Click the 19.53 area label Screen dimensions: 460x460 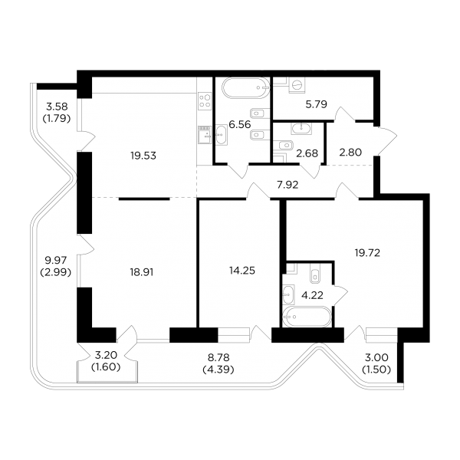point(143,156)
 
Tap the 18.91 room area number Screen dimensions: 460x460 point(142,272)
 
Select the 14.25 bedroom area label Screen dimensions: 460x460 point(242,271)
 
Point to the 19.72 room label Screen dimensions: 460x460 point(367,252)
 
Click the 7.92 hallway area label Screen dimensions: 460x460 point(287,185)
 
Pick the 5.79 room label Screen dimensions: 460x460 point(316,104)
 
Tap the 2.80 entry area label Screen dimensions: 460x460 point(350,153)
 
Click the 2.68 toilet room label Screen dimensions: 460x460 point(307,153)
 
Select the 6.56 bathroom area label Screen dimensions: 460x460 point(240,124)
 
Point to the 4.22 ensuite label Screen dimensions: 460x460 point(312,295)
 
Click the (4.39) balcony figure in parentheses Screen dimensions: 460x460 point(219,370)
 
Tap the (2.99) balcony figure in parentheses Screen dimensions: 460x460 point(56,272)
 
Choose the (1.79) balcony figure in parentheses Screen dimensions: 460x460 point(57,119)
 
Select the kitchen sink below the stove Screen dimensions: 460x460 point(205,135)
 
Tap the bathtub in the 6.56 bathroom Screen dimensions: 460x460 point(245,87)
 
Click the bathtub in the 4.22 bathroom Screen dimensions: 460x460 point(307,317)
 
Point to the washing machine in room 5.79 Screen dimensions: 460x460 point(297,85)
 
